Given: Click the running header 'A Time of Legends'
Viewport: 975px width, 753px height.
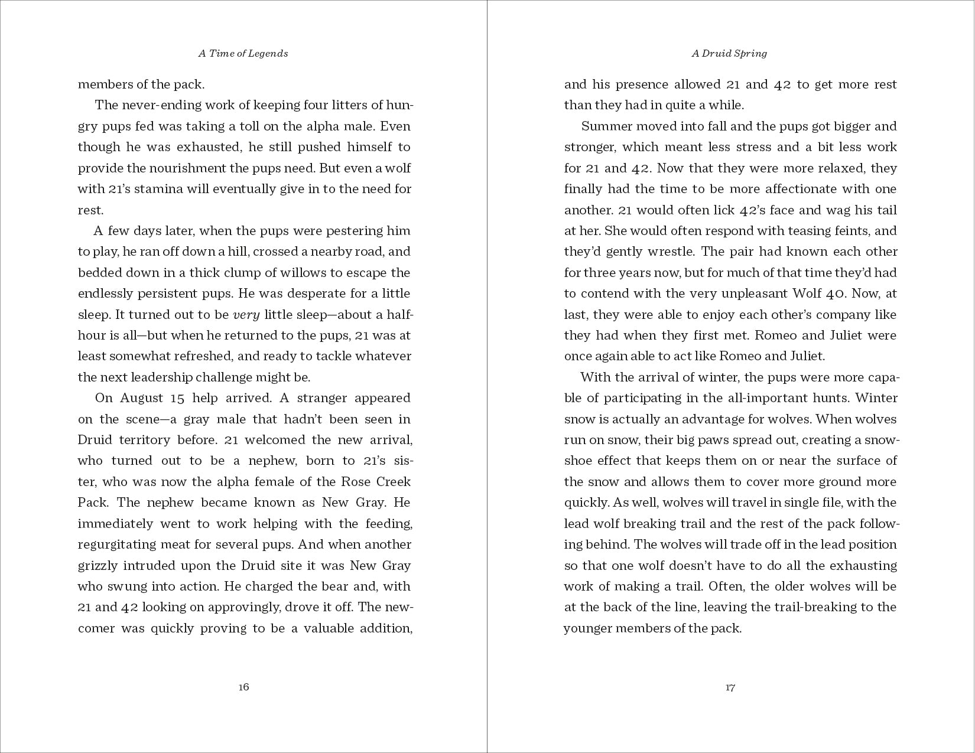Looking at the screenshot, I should point(243,53).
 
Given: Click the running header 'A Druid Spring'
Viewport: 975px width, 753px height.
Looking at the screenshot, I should point(730,53).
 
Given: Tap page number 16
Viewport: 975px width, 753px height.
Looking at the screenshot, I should point(243,687).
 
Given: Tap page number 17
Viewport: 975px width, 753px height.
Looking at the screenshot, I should point(730,687).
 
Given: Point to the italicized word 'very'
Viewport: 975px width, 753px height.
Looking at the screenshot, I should point(247,314).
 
